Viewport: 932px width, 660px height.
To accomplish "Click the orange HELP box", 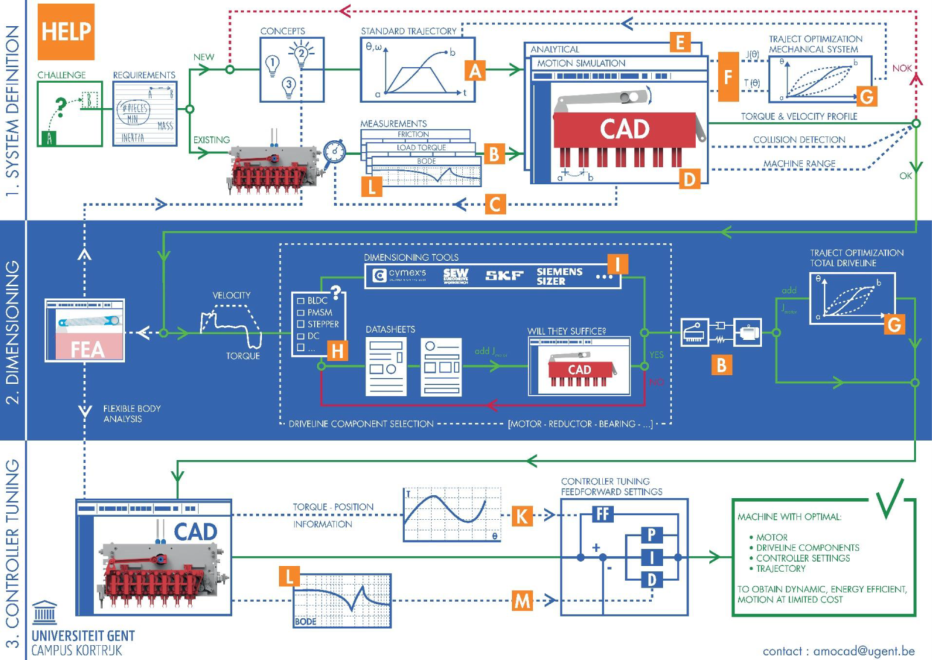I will click(x=66, y=32).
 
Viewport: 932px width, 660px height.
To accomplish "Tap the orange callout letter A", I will click(x=475, y=71).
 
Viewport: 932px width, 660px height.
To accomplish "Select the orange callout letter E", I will click(x=680, y=42).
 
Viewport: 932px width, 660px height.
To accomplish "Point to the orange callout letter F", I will click(x=728, y=77).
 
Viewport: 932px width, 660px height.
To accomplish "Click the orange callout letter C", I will click(x=495, y=204).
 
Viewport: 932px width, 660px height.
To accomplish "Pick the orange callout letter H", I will click(x=337, y=351).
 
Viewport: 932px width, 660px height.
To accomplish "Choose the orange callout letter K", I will click(x=522, y=516).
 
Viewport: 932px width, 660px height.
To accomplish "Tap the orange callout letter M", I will click(x=522, y=600).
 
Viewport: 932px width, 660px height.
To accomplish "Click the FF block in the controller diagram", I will click(x=602, y=514).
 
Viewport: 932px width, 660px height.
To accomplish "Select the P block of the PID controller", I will click(x=651, y=535).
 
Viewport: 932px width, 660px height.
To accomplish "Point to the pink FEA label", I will click(x=87, y=349).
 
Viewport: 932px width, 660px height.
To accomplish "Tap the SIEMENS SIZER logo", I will click(x=559, y=276).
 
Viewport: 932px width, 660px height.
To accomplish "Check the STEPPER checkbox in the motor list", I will click(x=301, y=324).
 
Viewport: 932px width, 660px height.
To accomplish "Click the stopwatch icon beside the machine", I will click(x=335, y=151).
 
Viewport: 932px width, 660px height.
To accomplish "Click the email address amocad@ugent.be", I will click(x=864, y=651).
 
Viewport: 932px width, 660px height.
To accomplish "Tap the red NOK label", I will click(x=902, y=69).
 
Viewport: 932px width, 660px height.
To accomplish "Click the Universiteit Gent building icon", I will click(x=45, y=613).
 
